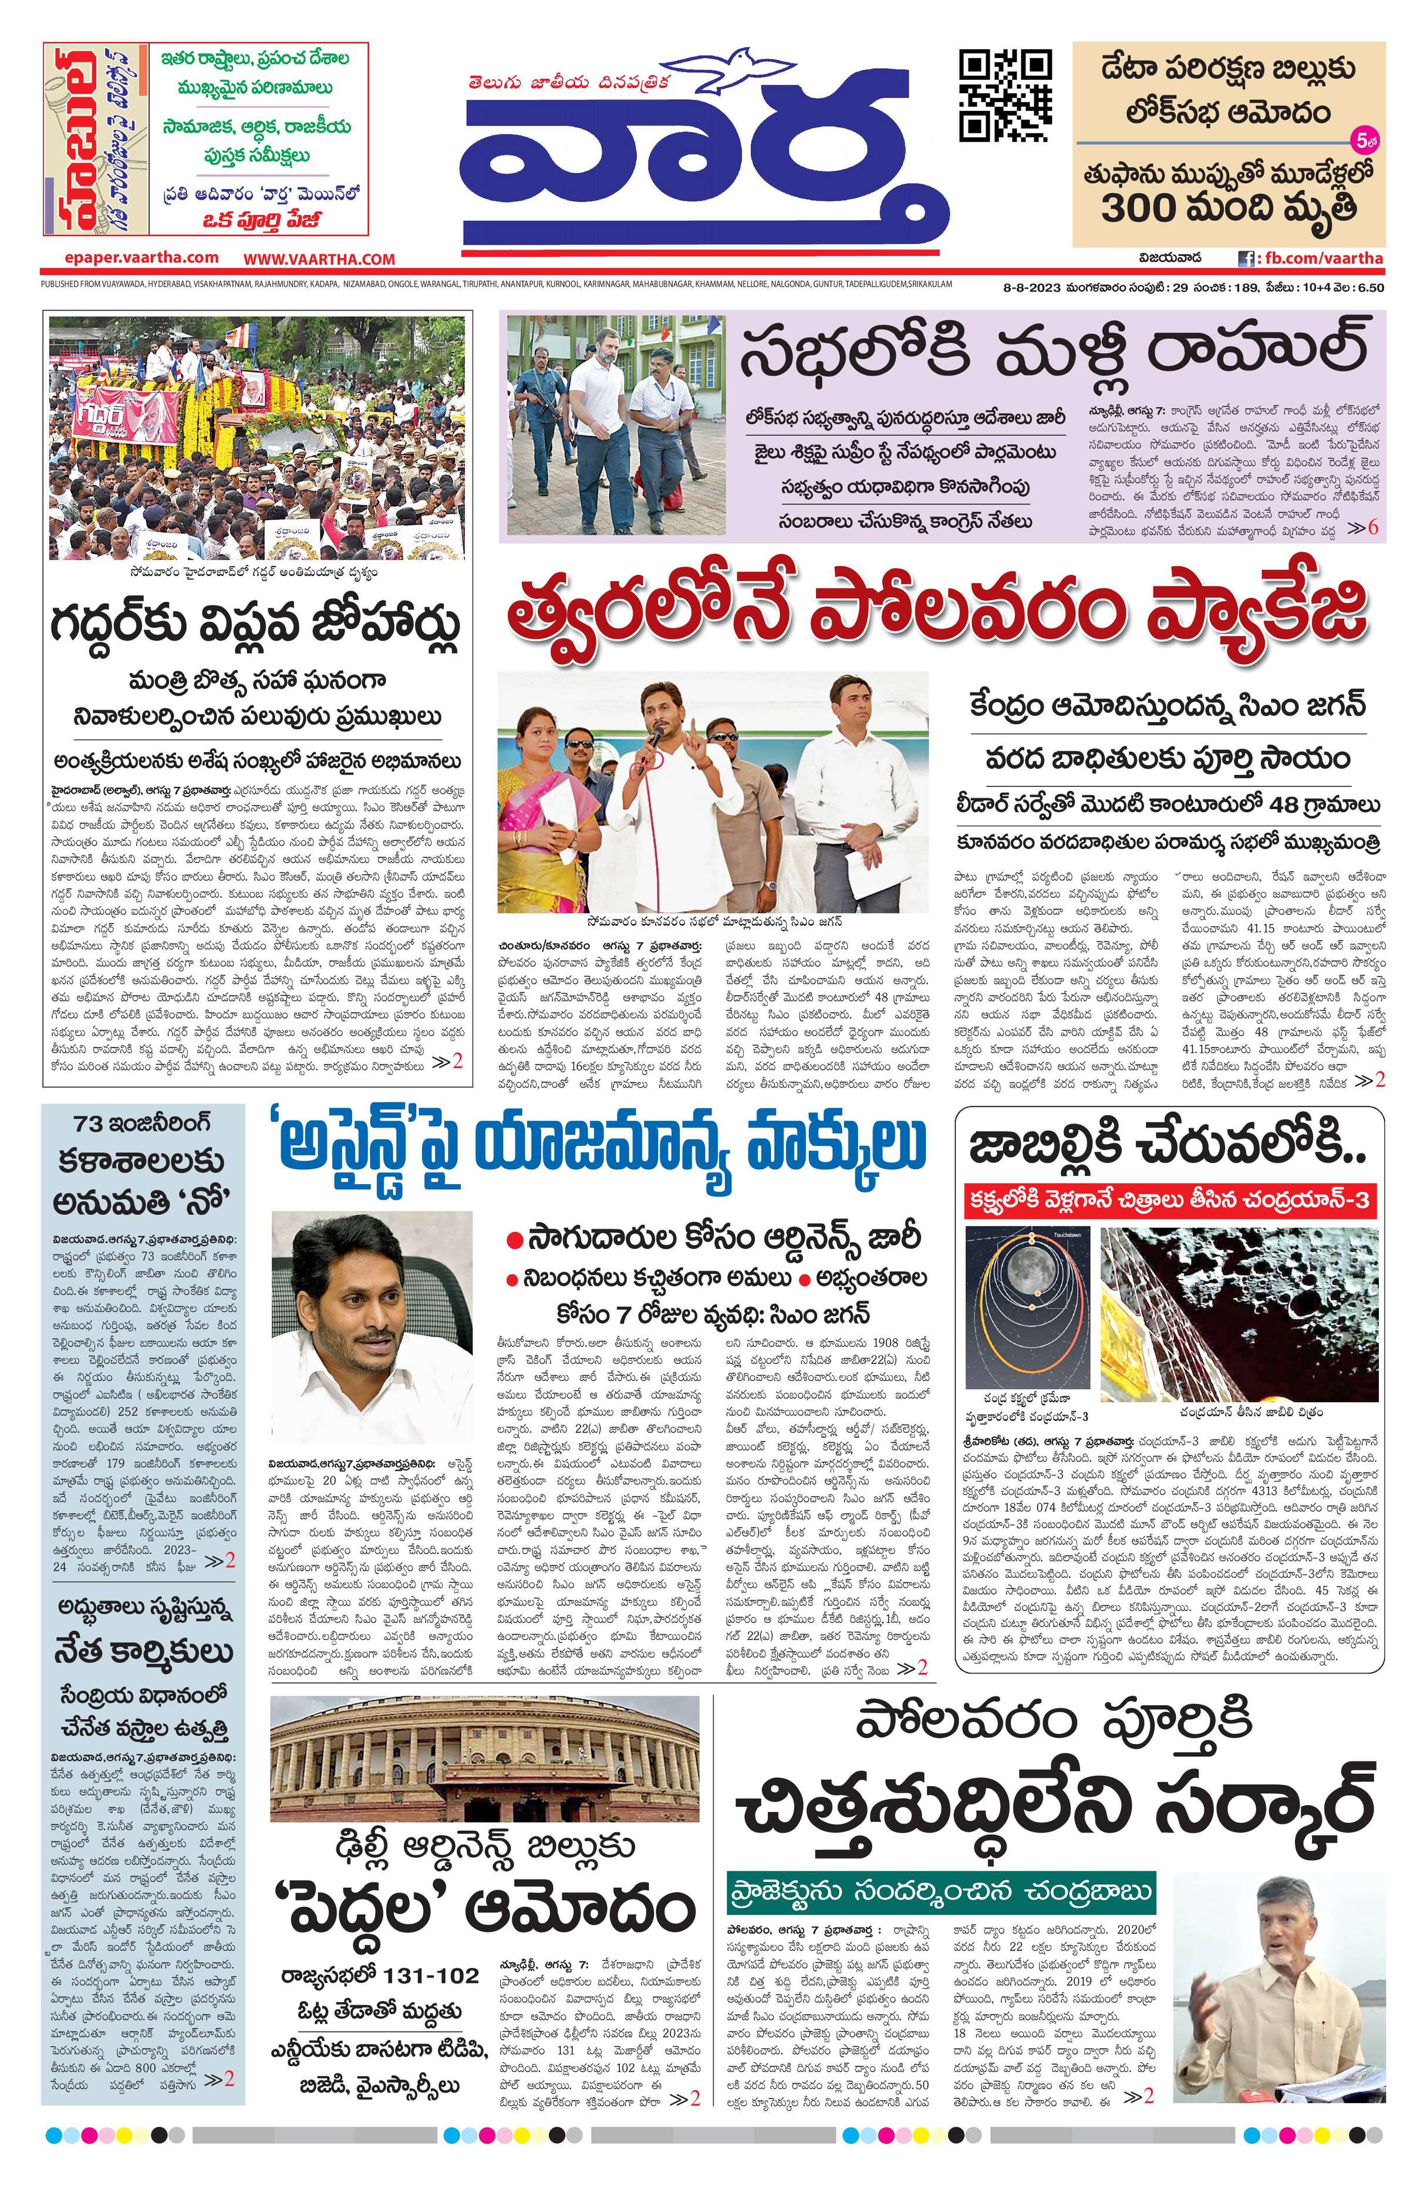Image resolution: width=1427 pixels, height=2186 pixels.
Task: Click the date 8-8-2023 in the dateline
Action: point(1031,288)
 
